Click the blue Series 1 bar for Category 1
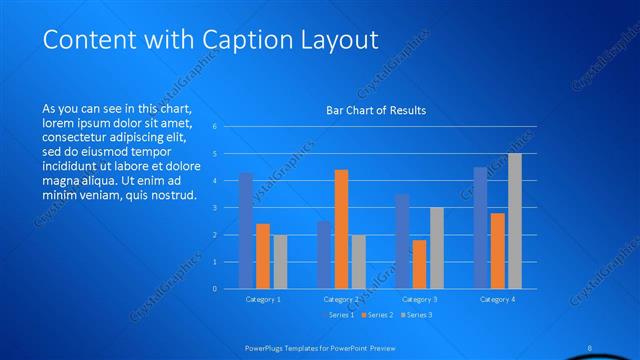pyautogui.click(x=245, y=231)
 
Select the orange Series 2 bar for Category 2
pyautogui.click(x=341, y=229)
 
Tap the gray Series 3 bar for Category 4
pyautogui.click(x=515, y=221)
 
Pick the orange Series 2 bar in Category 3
pyautogui.click(x=419, y=264)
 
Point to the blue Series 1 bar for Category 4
pyautogui.click(x=480, y=228)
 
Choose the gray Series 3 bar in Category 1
pyautogui.click(x=280, y=262)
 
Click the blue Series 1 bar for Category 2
pyautogui.click(x=324, y=255)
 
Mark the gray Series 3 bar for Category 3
pyautogui.click(x=437, y=248)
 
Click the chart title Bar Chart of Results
pyautogui.click(x=376, y=110)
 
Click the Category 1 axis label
pyautogui.click(x=263, y=299)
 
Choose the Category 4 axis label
pyautogui.click(x=497, y=299)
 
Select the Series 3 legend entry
pyautogui.click(x=418, y=315)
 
